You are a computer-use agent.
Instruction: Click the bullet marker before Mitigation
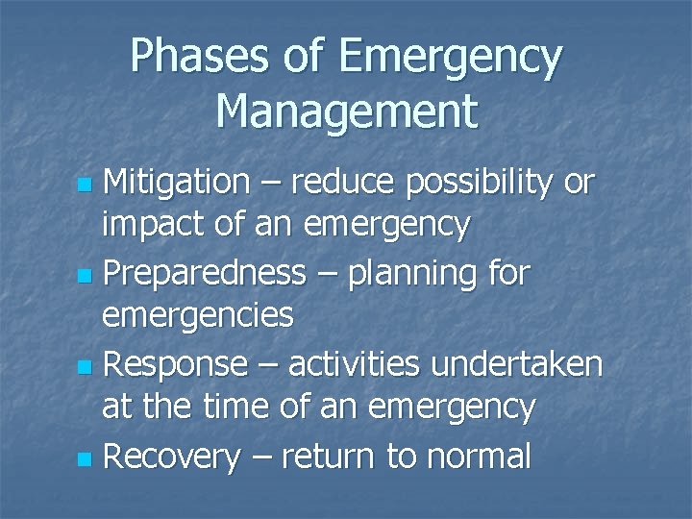(x=86, y=183)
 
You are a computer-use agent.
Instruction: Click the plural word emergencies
(x=198, y=317)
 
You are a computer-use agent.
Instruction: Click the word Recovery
(x=170, y=456)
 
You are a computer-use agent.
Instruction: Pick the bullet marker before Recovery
(x=86, y=457)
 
